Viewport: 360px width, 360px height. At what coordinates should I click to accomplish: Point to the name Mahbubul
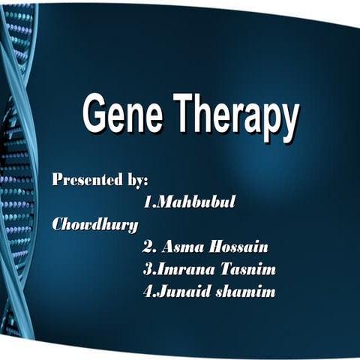pos(193,202)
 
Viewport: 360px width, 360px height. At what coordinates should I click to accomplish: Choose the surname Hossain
pos(237,247)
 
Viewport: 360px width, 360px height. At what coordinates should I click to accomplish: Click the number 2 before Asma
pos(146,247)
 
